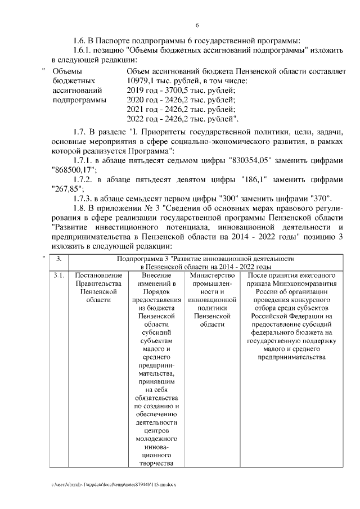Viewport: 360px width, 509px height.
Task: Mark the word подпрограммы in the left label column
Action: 75,100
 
